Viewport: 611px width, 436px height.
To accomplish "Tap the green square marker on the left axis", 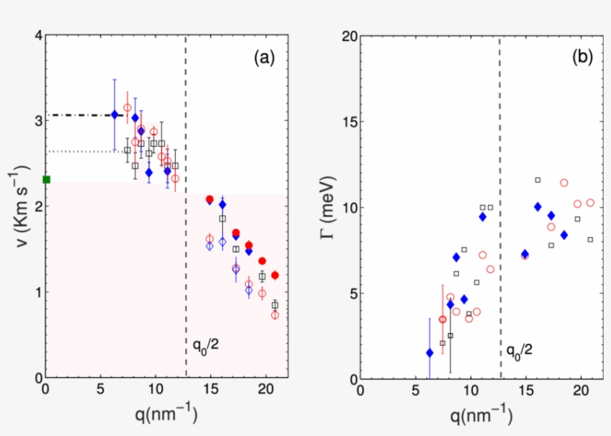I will click(x=46, y=179).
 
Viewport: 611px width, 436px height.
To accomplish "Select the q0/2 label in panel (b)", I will click(x=519, y=350).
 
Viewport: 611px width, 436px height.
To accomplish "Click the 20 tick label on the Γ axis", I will click(x=346, y=35).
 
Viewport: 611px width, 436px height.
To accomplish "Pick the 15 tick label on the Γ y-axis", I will click(x=346, y=121).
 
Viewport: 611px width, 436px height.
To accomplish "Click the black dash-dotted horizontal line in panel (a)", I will click(x=78, y=115).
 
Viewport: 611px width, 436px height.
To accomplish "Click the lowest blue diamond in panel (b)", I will click(x=429, y=353).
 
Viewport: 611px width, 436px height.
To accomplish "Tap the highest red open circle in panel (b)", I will click(x=564, y=183).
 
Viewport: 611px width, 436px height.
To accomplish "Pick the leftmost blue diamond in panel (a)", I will click(x=114, y=114).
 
